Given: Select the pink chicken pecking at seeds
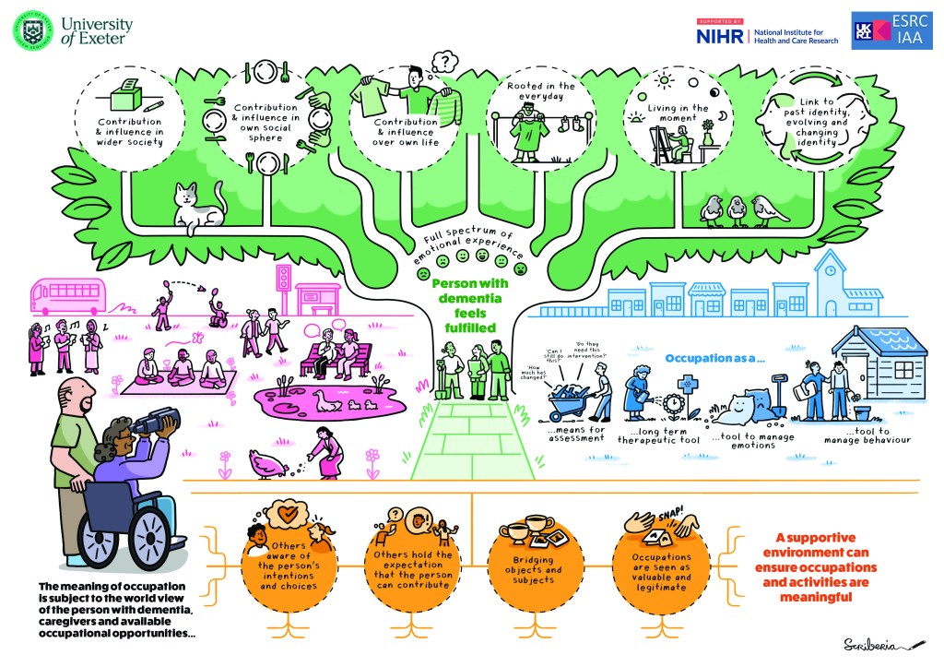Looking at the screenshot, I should pos(267,464).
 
